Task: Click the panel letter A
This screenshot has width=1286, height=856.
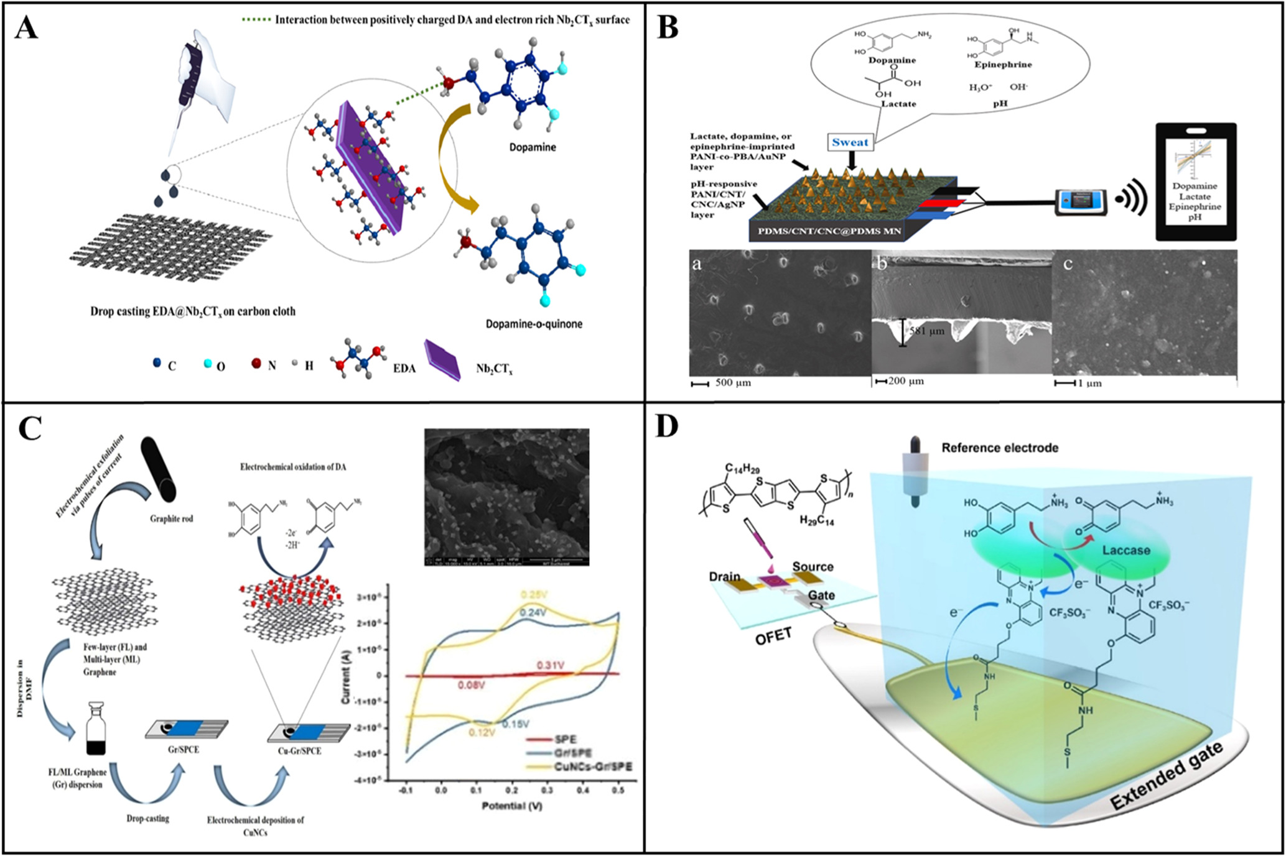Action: pyautogui.click(x=27, y=28)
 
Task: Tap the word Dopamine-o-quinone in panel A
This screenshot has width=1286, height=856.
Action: pyautogui.click(x=534, y=324)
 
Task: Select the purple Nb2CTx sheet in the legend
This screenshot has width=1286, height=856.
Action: pyautogui.click(x=442, y=359)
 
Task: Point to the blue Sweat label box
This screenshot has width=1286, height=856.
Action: pyautogui.click(x=850, y=142)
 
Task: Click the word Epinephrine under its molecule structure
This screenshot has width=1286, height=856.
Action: pyautogui.click(x=1002, y=65)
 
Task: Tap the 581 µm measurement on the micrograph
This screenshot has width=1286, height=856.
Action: pyautogui.click(x=927, y=331)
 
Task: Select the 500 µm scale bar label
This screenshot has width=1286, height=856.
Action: pyautogui.click(x=733, y=383)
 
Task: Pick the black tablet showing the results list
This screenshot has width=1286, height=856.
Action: pyautogui.click(x=1196, y=182)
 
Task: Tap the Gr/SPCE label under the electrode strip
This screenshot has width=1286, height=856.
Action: pyautogui.click(x=184, y=750)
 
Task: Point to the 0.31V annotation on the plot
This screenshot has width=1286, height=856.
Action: pyautogui.click(x=550, y=666)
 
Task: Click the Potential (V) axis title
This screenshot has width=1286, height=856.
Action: pyautogui.click(x=512, y=806)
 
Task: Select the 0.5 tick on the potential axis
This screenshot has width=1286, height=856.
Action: pyautogui.click(x=618, y=790)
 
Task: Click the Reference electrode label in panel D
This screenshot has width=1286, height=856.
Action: pyautogui.click(x=999, y=448)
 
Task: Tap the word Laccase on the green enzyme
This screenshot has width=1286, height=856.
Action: pyautogui.click(x=1126, y=550)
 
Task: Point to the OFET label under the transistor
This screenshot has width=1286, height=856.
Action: pyautogui.click(x=773, y=636)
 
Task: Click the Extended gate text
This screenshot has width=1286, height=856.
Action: pyautogui.click(x=1167, y=777)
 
